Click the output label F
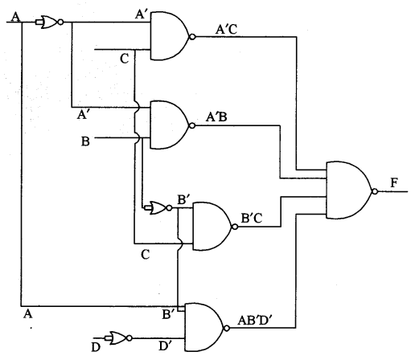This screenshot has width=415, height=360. point(392,183)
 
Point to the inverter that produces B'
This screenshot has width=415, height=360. point(158,208)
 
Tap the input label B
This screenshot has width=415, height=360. point(84,142)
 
